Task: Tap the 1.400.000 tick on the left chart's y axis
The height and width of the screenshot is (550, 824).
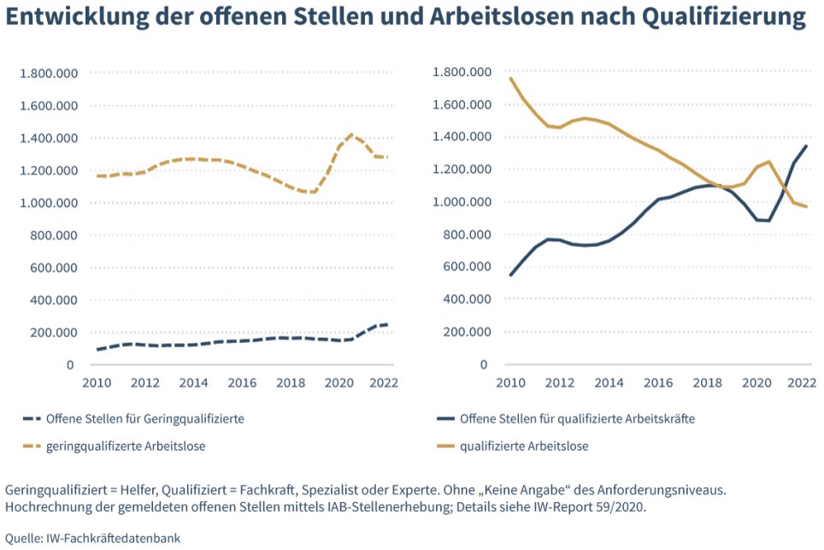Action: coord(49,139)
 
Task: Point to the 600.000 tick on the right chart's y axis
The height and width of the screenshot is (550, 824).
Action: coord(462,267)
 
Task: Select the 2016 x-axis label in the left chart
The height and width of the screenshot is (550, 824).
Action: coord(242,382)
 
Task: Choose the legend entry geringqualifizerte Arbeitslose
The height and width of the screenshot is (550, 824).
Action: coord(138,446)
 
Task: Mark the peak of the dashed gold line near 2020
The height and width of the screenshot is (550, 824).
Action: coord(351,134)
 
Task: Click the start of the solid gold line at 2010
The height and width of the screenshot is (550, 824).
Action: coord(511,79)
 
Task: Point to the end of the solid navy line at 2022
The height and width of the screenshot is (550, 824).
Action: coord(805,146)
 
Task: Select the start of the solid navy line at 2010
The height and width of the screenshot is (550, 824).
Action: coord(511,275)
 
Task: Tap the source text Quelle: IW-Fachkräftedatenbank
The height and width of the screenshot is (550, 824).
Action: coord(93,538)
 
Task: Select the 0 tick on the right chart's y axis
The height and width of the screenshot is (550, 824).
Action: coord(485,364)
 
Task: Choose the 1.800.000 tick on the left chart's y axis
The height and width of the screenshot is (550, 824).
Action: coord(49,74)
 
